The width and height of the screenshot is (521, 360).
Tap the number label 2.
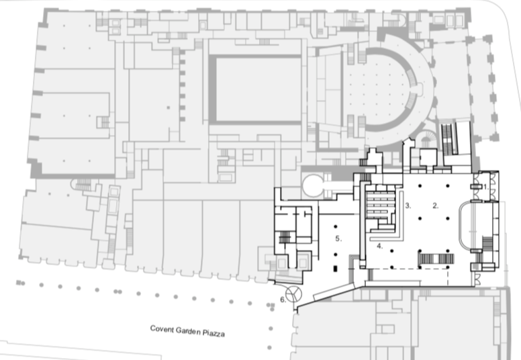pyautogui.click(x=435, y=206)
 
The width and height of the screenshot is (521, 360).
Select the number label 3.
pyautogui.click(x=407, y=206)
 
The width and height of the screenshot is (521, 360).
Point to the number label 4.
pyautogui.click(x=379, y=246)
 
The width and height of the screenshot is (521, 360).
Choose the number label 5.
pyautogui.click(x=339, y=238)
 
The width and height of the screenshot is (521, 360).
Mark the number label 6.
pyautogui.click(x=283, y=300)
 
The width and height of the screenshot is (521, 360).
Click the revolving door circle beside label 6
pyautogui.click(x=294, y=293)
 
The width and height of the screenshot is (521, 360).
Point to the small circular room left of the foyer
pyautogui.click(x=314, y=185)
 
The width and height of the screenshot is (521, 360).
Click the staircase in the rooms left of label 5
pyautogui.click(x=285, y=238)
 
